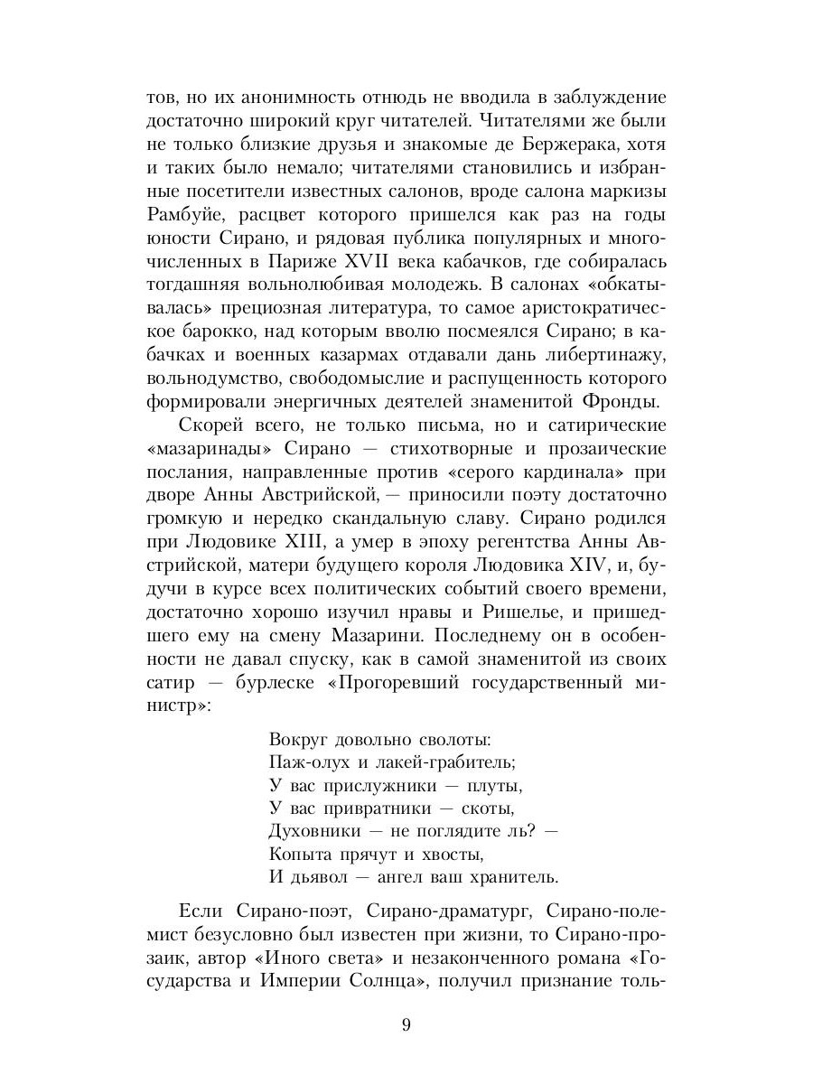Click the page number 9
coord(406,1024)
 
